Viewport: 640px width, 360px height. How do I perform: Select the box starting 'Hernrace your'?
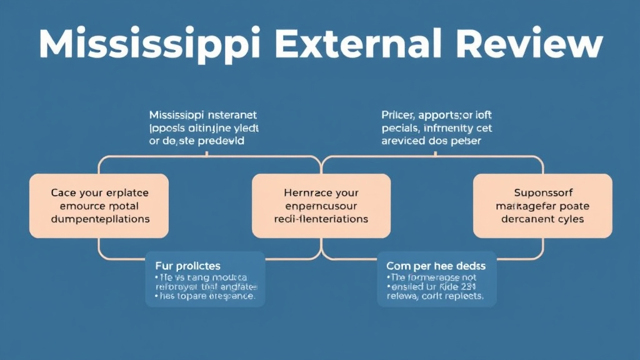(x=321, y=206)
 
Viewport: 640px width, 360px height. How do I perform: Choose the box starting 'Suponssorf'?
(x=542, y=206)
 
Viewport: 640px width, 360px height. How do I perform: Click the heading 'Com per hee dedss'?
(x=436, y=266)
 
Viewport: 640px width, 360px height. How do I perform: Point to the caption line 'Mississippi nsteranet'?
(x=203, y=116)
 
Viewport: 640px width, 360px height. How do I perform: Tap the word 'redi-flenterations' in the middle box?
(x=321, y=219)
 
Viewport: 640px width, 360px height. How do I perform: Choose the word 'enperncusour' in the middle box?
(x=321, y=207)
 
